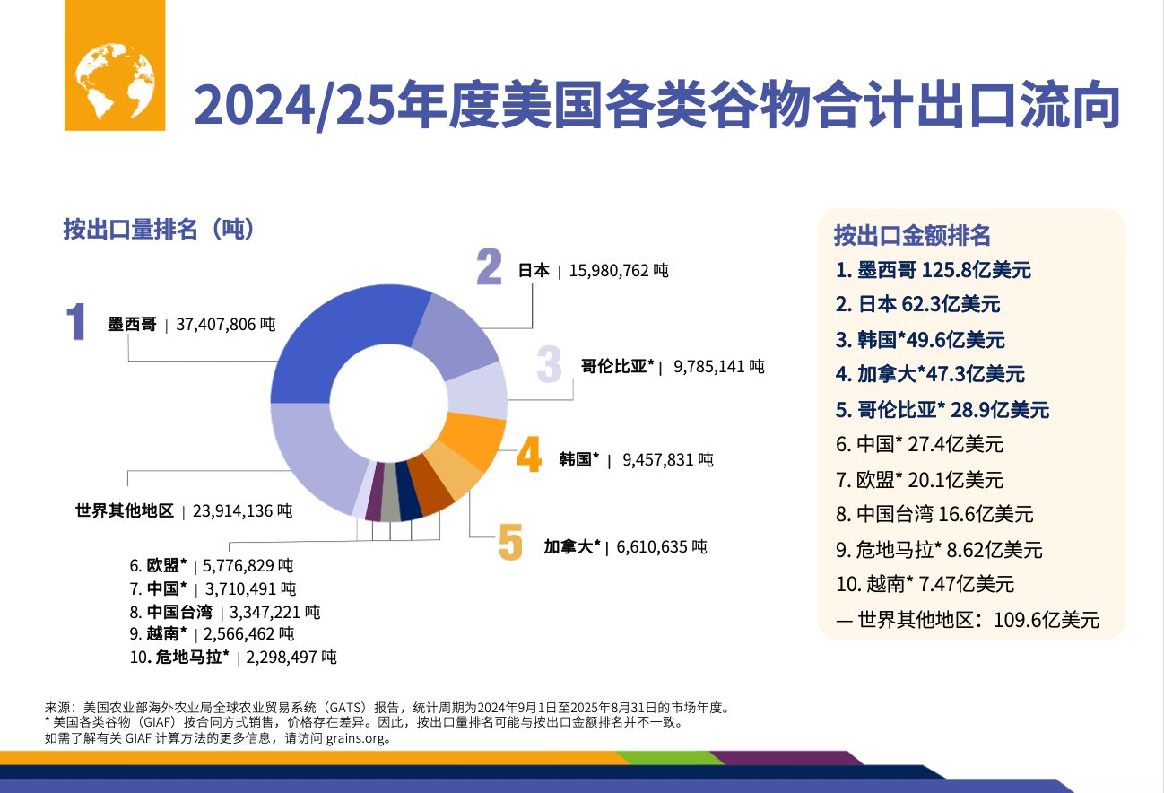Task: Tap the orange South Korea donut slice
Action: (x=475, y=440)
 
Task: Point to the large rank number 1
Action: (x=78, y=323)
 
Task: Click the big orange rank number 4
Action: (x=529, y=457)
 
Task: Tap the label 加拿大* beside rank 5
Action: (x=572, y=545)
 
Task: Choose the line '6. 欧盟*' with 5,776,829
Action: (x=212, y=565)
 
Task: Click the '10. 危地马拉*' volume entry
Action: (x=233, y=658)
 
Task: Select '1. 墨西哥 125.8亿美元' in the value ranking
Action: (x=933, y=270)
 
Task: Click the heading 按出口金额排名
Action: (x=912, y=235)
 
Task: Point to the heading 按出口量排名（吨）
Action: (x=161, y=230)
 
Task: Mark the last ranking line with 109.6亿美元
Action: (x=968, y=620)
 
